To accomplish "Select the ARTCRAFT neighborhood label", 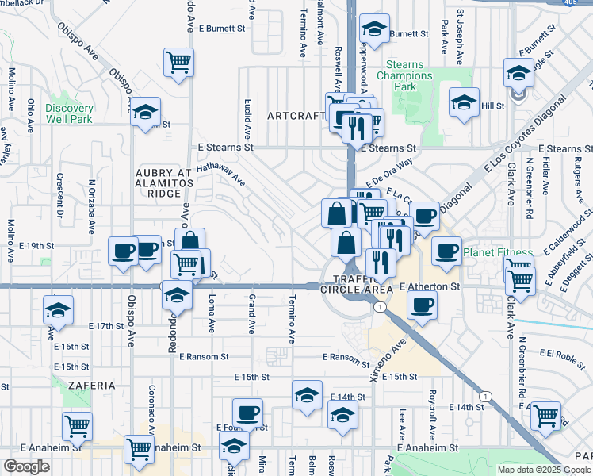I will (296, 115).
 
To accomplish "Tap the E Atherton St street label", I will (430, 286).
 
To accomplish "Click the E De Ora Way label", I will (390, 172).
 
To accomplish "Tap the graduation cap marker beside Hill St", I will (465, 102).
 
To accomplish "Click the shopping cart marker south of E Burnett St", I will (179, 62).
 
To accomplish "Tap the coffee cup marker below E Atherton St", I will (422, 305).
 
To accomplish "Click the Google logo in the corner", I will (26, 466).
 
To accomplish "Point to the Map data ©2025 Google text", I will (544, 470).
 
